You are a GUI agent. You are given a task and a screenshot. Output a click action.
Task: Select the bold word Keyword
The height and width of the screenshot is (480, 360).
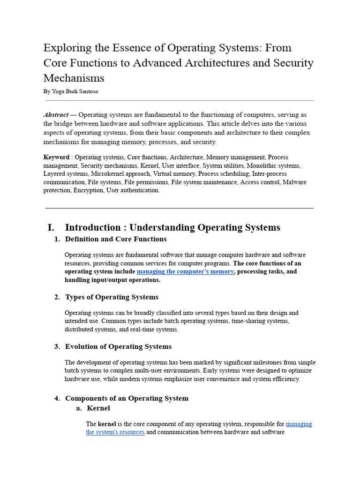pos(56,157)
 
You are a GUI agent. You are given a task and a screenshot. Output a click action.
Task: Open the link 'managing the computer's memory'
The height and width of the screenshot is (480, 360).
pos(185,271)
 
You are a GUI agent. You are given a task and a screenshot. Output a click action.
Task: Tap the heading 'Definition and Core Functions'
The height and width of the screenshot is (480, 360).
pos(116,239)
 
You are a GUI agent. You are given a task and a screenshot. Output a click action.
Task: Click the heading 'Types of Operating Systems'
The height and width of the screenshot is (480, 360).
pos(112,297)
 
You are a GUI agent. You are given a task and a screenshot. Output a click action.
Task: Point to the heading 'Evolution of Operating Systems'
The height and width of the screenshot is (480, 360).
pos(118,347)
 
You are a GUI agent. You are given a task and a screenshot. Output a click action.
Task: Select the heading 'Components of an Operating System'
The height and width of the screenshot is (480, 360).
pos(127,398)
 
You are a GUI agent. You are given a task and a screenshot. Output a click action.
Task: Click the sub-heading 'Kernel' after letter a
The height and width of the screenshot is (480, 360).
pos(98,408)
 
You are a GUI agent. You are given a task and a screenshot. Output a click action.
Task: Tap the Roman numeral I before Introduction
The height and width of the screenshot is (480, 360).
pos(51,228)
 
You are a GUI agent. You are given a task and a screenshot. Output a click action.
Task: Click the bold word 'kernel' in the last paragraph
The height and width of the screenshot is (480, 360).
pos(107,424)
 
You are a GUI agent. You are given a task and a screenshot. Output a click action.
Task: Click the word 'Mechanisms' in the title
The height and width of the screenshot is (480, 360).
pos(74,78)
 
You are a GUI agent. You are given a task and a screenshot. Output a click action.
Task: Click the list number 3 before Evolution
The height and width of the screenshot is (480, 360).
pos(57,347)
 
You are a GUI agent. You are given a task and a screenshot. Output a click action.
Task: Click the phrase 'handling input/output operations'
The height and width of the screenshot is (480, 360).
pos(112,280)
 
